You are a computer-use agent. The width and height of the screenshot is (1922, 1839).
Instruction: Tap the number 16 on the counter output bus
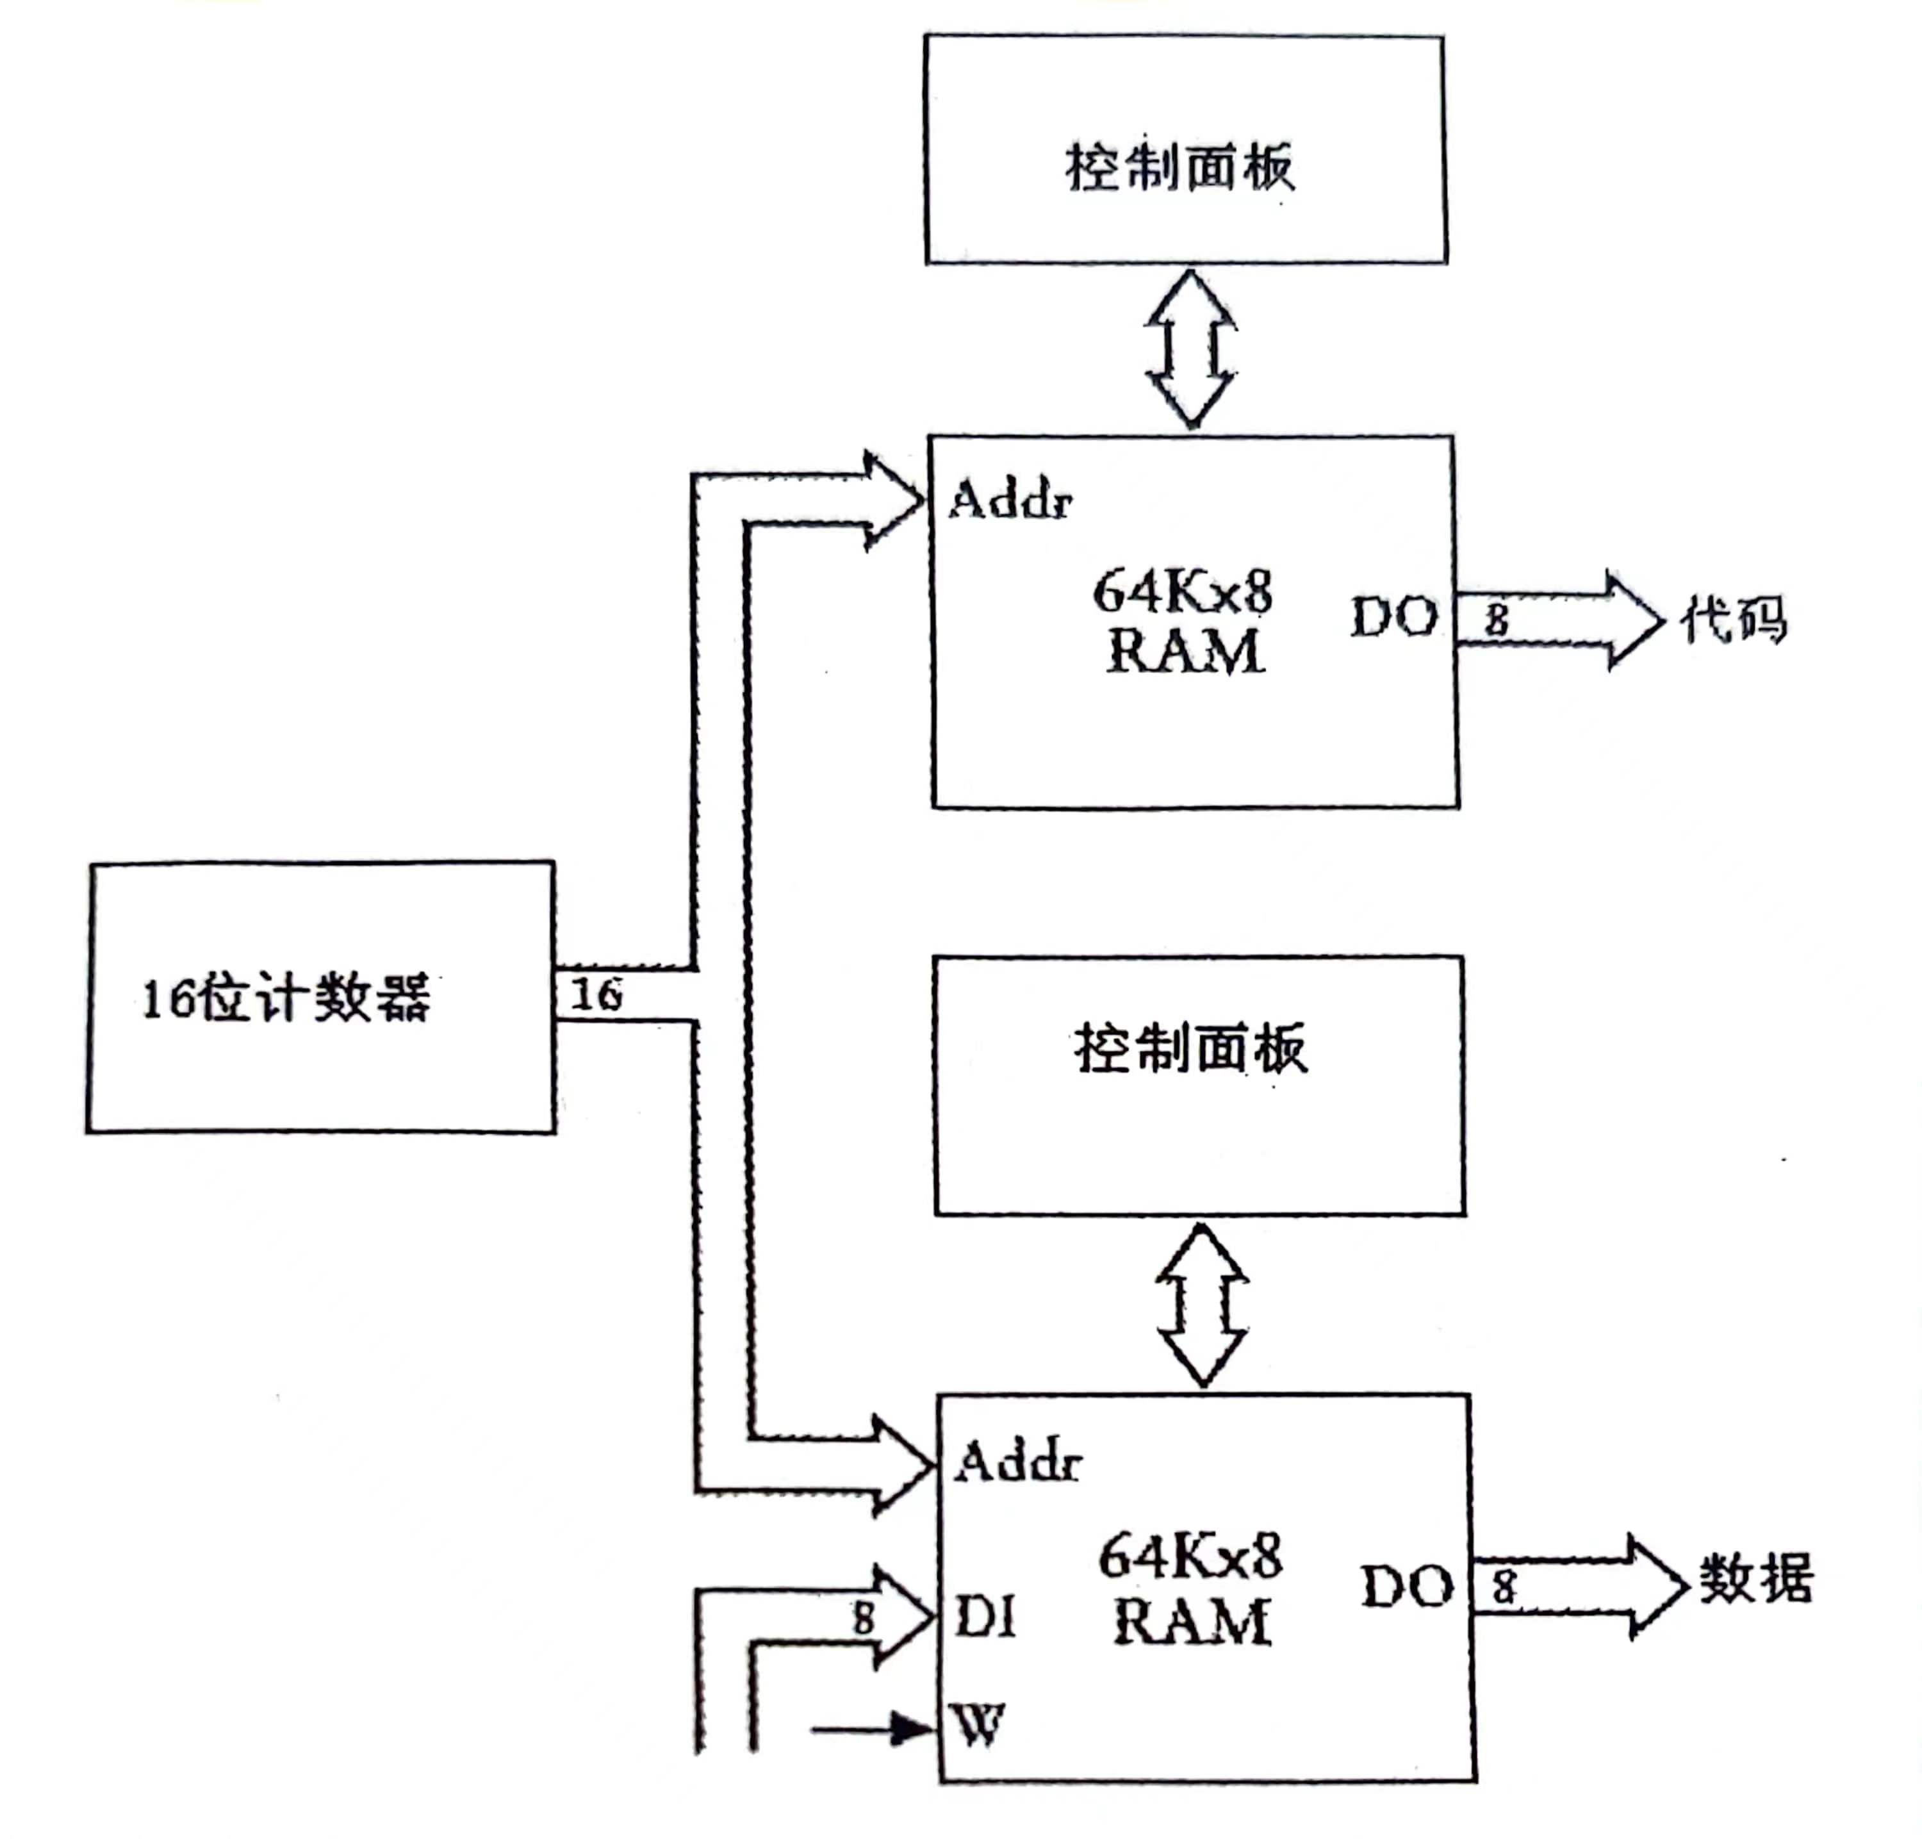596,994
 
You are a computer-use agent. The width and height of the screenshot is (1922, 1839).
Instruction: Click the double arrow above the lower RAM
1203,1304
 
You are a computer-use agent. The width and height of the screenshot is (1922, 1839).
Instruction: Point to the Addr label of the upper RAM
1010,500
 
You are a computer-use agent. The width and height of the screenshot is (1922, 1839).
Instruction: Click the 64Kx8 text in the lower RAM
1190,1556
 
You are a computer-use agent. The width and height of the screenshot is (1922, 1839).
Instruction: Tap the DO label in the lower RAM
1406,1586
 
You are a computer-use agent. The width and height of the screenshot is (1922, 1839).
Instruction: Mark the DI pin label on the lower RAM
985,1617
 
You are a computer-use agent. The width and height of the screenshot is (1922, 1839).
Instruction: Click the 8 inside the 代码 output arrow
1496,620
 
